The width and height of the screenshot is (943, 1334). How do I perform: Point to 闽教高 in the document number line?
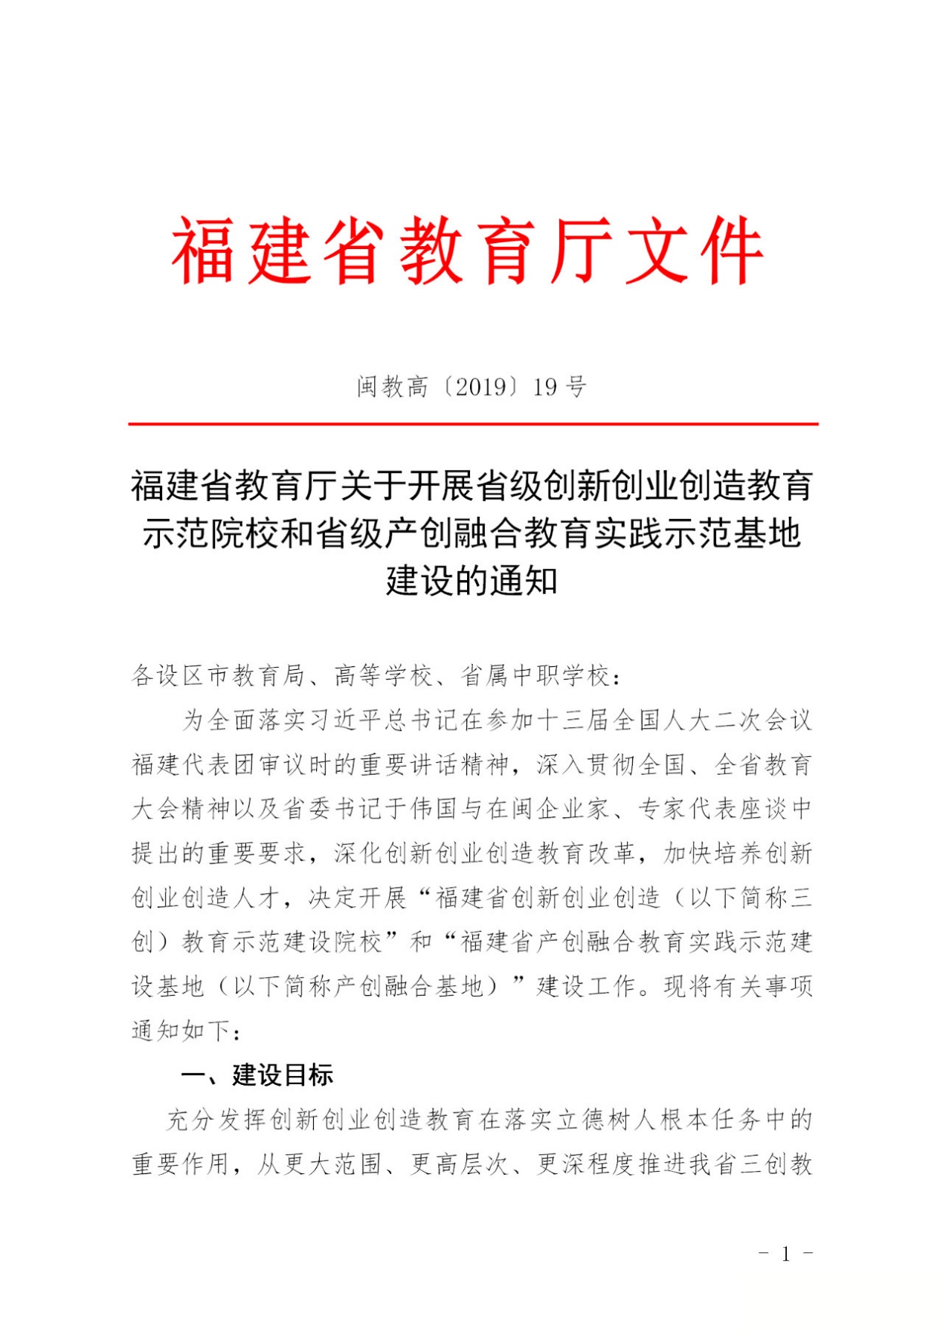(x=392, y=387)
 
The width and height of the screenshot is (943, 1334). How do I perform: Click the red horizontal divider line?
(x=473, y=424)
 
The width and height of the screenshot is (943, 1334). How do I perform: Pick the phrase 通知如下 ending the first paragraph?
(x=181, y=1031)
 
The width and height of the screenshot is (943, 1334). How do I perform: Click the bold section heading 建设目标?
(x=283, y=1074)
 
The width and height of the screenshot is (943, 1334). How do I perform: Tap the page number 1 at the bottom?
(x=785, y=1255)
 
